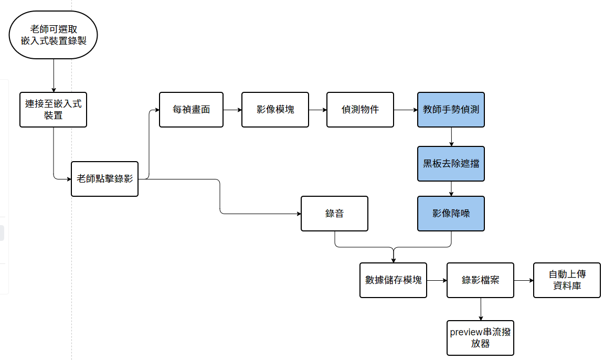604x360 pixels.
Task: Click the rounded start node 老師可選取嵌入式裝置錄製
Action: coord(54,35)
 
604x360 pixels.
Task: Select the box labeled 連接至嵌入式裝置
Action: coord(53,110)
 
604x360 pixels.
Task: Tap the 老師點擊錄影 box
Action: coord(104,179)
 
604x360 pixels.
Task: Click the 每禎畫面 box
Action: coord(191,110)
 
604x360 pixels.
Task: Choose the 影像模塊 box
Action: coord(275,110)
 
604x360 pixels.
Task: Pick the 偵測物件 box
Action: coord(360,110)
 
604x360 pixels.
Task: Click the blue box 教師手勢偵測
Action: coord(451,110)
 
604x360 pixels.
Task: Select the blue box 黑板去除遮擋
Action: coord(451,164)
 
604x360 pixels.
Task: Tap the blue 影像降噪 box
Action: coord(451,214)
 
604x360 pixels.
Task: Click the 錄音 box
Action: coord(334,214)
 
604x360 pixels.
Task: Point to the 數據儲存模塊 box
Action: coord(393,280)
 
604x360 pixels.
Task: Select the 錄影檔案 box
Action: coord(480,280)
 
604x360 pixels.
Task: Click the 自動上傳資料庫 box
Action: coord(567,280)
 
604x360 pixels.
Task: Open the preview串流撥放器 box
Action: coord(480,338)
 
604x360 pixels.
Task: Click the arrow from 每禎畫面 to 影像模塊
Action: coord(232,110)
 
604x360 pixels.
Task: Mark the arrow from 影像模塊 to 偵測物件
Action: coord(317,110)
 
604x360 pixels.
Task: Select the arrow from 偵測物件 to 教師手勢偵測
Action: coord(406,110)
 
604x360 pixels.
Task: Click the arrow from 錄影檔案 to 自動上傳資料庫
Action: coord(524,280)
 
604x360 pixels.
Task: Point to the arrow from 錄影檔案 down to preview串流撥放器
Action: coord(480,309)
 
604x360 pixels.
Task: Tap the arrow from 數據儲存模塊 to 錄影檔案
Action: coord(437,280)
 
